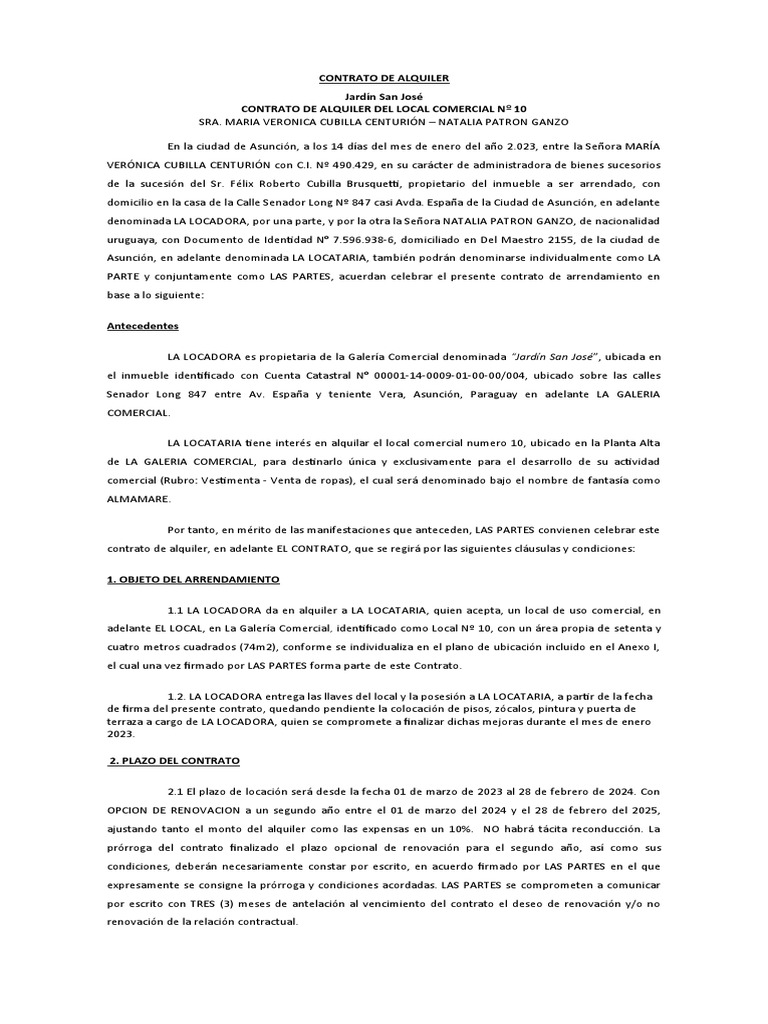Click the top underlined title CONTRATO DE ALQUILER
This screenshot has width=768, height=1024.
[384, 77]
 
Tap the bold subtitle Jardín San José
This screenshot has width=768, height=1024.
[384, 95]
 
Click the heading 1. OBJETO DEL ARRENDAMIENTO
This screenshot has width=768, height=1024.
[193, 580]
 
